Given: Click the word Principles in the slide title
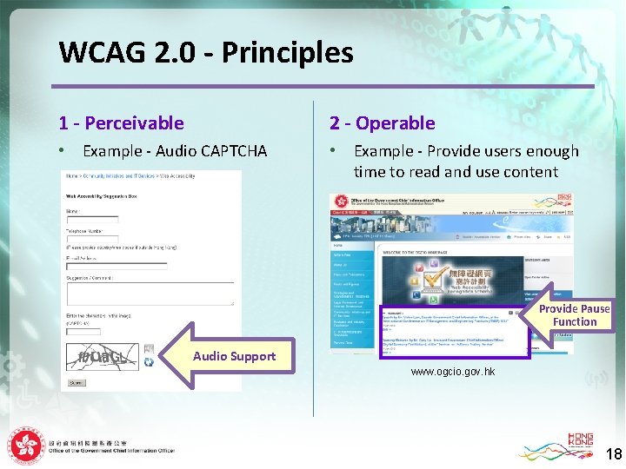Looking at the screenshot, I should [x=288, y=53].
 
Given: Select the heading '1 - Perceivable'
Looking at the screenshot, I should [x=121, y=123].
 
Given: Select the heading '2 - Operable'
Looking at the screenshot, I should [x=382, y=123].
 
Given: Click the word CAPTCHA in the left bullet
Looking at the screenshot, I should [x=234, y=151].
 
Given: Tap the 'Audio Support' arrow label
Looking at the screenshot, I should [x=234, y=356].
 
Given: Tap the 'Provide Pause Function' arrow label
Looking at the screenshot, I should [x=574, y=315].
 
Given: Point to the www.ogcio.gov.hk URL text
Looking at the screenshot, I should [x=452, y=372].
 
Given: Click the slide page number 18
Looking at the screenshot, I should [x=613, y=453].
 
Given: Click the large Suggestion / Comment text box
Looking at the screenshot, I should [x=150, y=293].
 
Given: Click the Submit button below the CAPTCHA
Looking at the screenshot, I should [x=77, y=382].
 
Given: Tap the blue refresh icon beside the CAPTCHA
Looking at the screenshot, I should [x=149, y=362].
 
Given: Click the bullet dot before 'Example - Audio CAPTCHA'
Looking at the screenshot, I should [x=62, y=151].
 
